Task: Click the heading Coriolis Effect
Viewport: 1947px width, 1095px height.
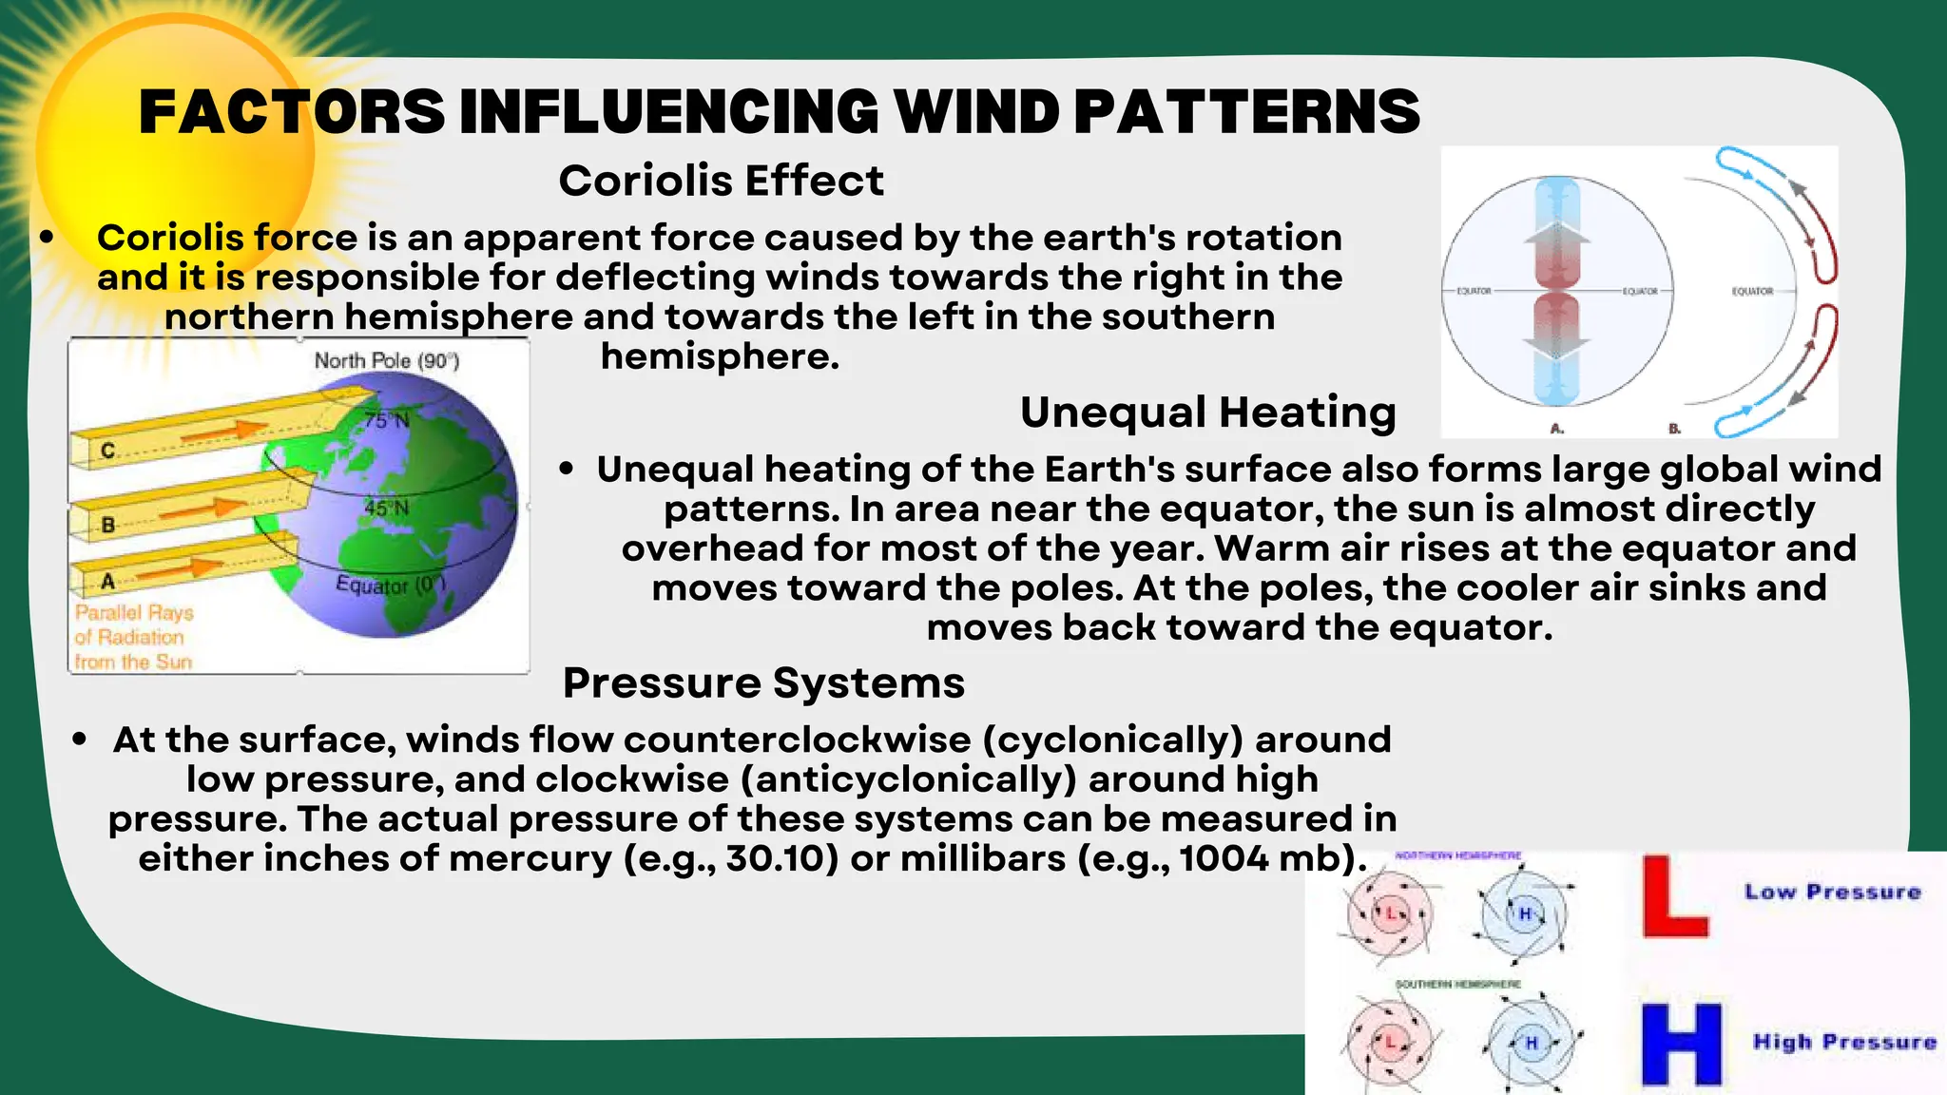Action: click(721, 181)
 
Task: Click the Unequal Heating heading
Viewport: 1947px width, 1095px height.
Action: click(1207, 413)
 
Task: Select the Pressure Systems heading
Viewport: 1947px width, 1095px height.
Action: click(763, 682)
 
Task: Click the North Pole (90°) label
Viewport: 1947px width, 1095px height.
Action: click(386, 360)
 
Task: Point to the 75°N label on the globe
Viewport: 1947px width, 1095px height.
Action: click(386, 419)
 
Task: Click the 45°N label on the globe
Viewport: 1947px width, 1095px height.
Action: click(386, 509)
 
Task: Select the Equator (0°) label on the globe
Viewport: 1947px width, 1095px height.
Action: click(390, 585)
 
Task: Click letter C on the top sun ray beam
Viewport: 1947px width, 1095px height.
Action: click(107, 451)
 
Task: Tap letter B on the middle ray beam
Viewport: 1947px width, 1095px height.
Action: click(107, 525)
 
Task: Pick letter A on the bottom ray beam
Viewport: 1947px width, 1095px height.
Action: click(107, 581)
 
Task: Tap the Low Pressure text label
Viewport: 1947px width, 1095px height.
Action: click(1832, 892)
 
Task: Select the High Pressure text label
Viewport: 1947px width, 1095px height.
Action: click(1844, 1042)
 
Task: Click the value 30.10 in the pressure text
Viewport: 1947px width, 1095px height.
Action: click(781, 858)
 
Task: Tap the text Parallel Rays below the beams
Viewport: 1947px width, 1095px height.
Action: click(134, 613)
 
